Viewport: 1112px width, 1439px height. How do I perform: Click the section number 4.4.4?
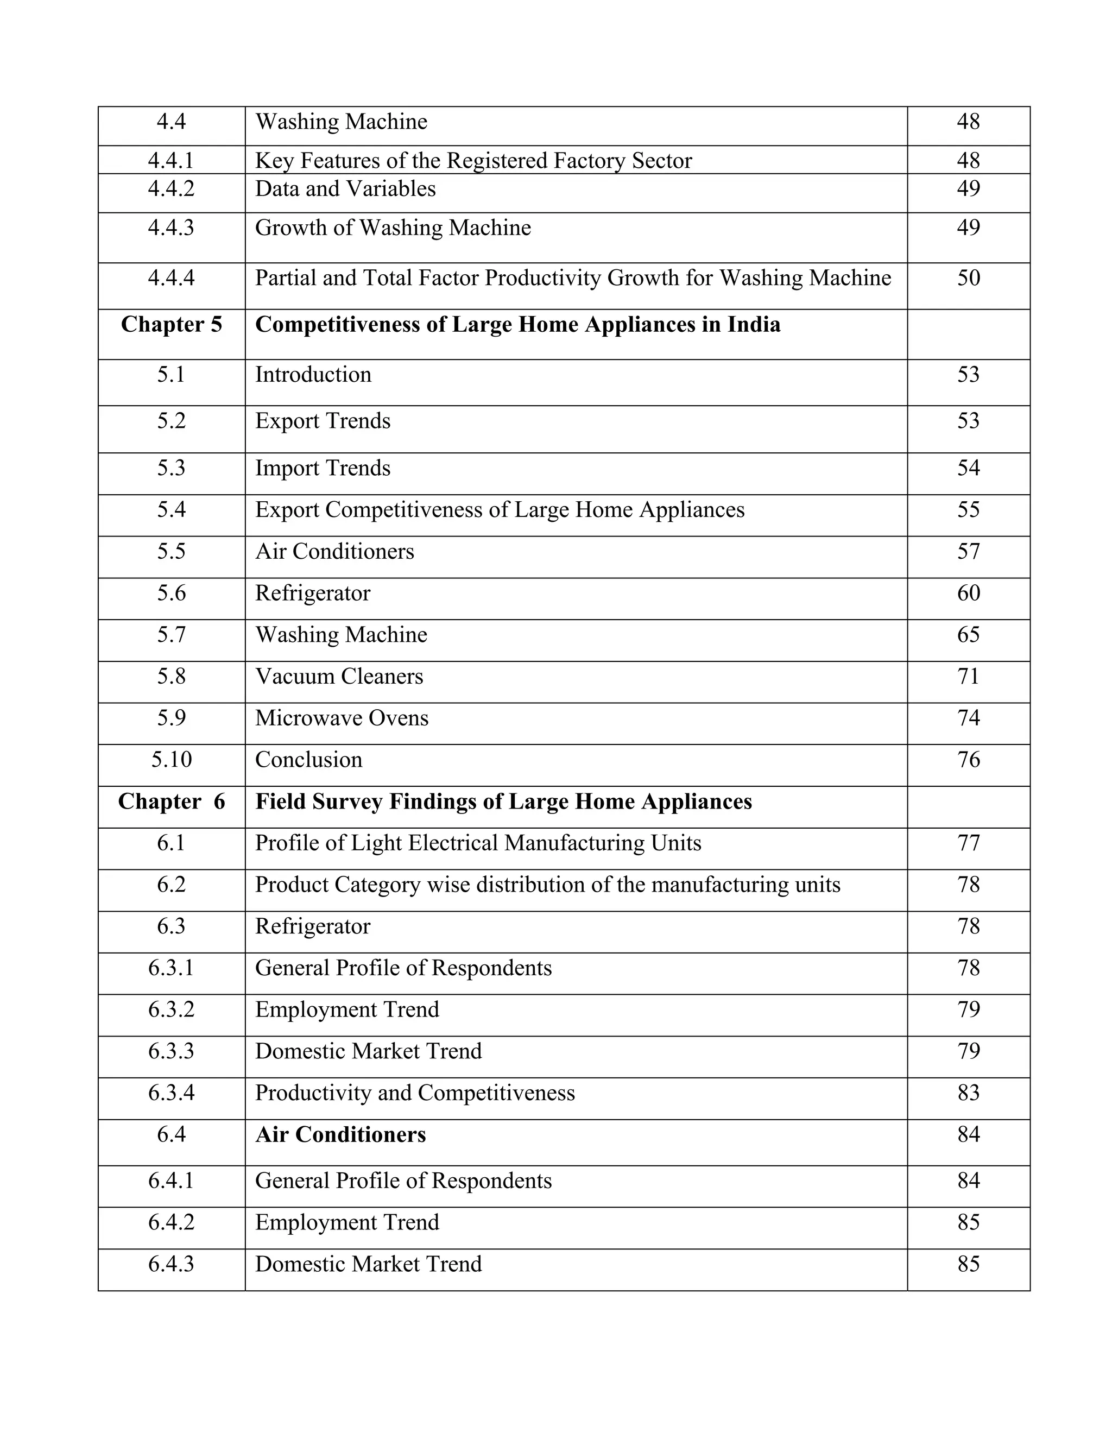pyautogui.click(x=171, y=278)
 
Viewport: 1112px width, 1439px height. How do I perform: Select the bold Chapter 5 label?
pyautogui.click(x=171, y=325)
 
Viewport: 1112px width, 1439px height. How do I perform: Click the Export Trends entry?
pyautogui.click(x=323, y=421)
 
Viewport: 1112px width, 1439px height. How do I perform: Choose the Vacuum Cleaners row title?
pyautogui.click(x=339, y=677)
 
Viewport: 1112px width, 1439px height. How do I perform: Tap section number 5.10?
pyautogui.click(x=171, y=760)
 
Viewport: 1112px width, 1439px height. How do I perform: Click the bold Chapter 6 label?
pyautogui.click(x=171, y=802)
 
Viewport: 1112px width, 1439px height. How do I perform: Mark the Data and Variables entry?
pyautogui.click(x=345, y=189)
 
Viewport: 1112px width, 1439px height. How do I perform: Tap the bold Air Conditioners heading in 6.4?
pyautogui.click(x=340, y=1134)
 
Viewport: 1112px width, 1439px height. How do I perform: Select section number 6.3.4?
pyautogui.click(x=171, y=1093)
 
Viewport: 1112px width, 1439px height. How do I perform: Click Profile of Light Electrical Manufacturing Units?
pyautogui.click(x=478, y=843)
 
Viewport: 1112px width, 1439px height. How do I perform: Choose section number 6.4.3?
pyautogui.click(x=171, y=1264)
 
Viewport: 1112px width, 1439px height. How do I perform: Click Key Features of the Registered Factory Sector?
pyautogui.click(x=473, y=161)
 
